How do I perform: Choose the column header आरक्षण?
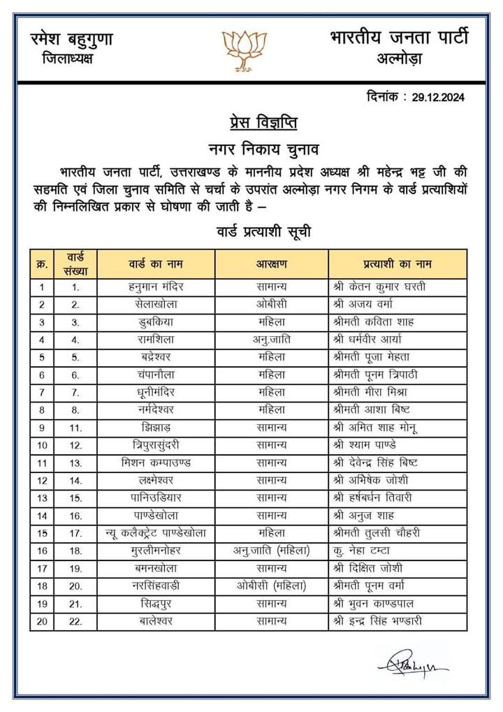271,264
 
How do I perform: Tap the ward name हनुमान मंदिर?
156,286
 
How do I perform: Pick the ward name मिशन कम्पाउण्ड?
156,462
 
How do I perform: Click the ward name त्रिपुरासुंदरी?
156,444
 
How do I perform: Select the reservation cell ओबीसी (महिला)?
271,585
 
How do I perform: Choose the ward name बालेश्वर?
156,620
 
